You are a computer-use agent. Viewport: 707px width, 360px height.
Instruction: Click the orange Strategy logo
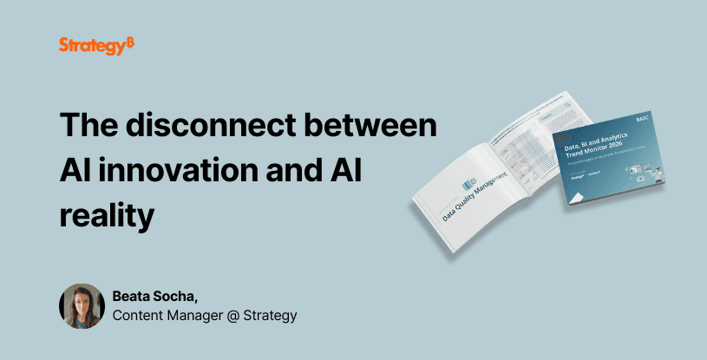coord(96,45)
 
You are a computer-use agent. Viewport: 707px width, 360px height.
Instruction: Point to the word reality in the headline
coord(107,213)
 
